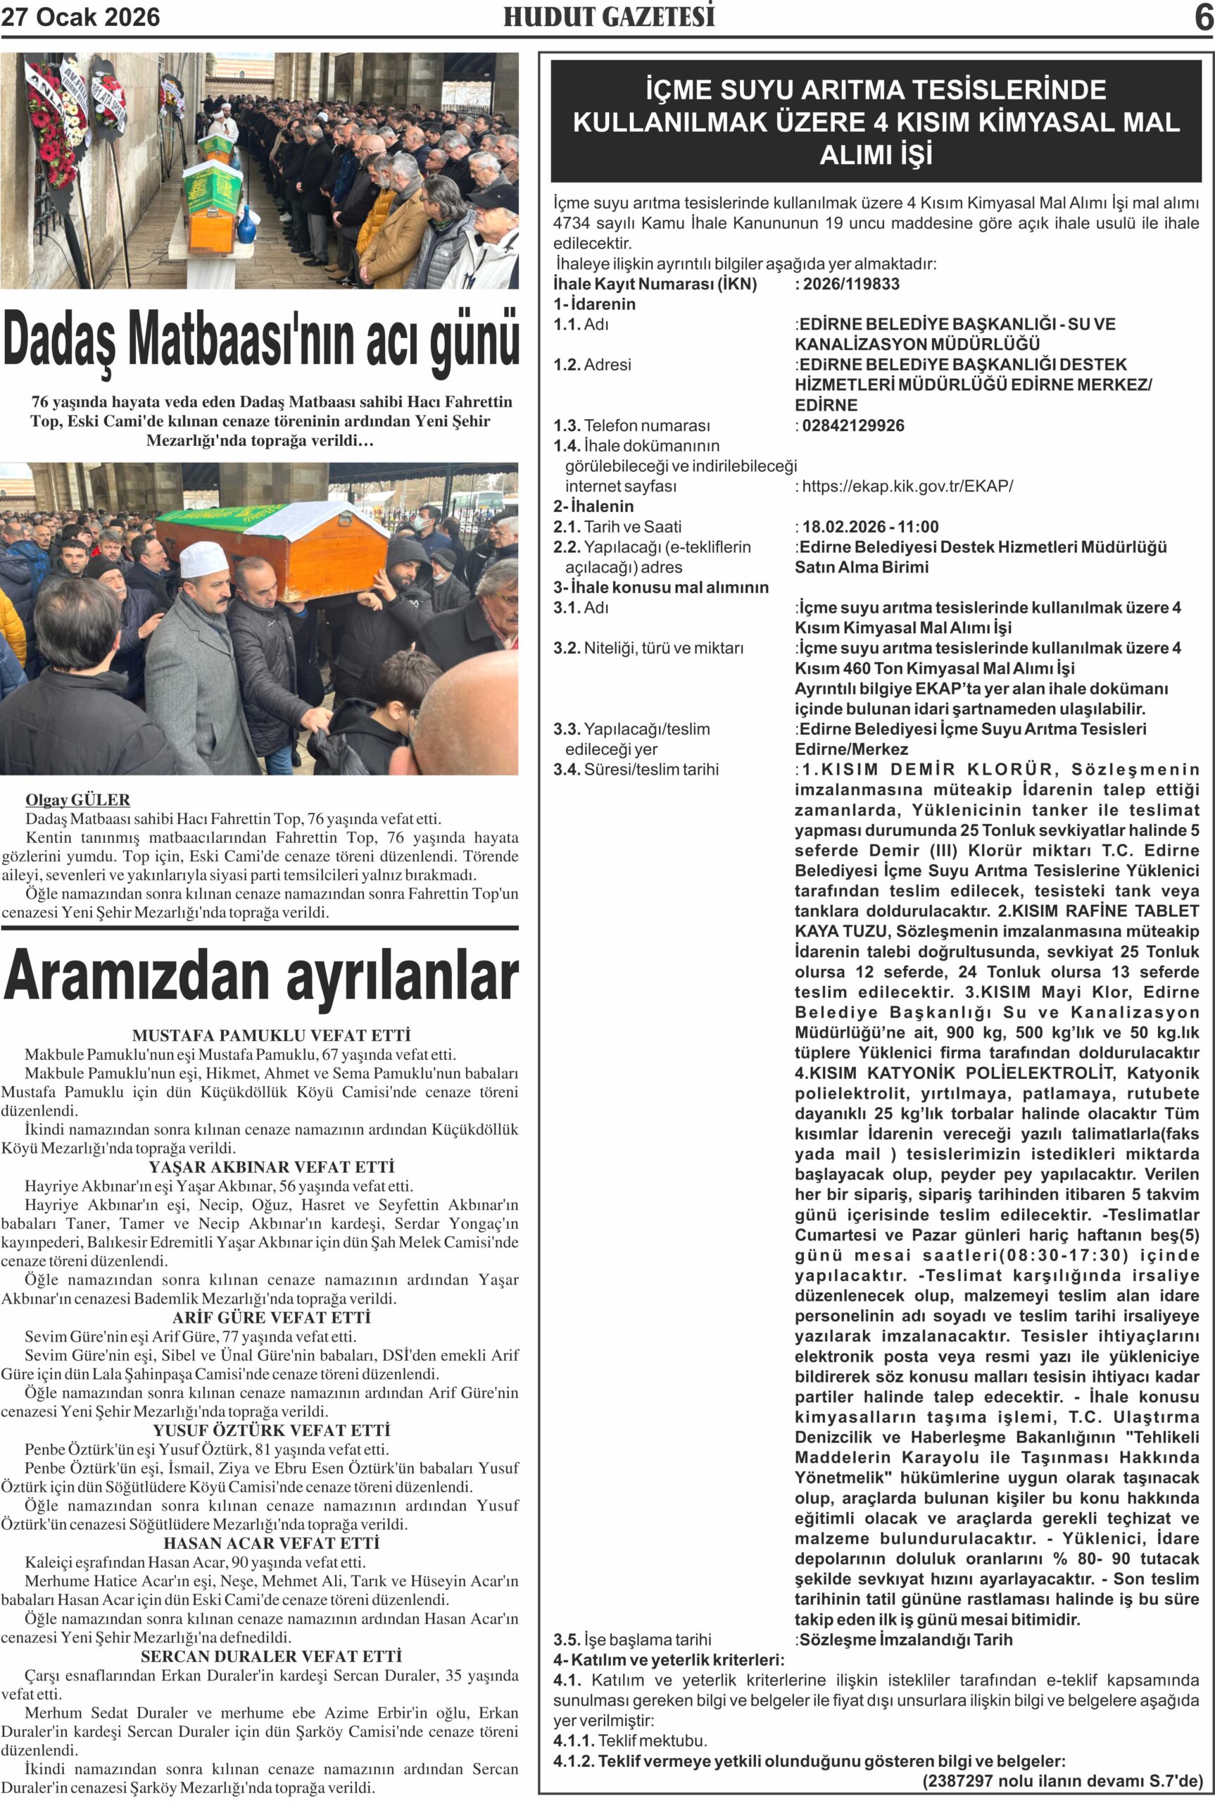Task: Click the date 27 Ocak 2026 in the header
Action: (x=80, y=17)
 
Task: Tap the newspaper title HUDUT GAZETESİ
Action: (x=609, y=17)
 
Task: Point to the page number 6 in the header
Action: (x=1203, y=17)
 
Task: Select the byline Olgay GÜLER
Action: (x=77, y=800)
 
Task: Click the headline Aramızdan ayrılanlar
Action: (x=260, y=976)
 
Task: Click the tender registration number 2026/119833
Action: (x=851, y=284)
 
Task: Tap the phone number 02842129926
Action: (x=852, y=425)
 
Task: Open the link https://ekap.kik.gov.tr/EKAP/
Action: (x=907, y=486)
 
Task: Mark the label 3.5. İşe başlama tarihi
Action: (x=631, y=1640)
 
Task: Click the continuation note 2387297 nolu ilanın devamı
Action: (x=1062, y=1781)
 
